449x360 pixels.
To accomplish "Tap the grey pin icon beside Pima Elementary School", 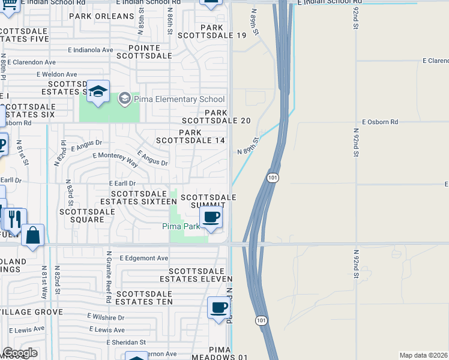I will tap(125, 98).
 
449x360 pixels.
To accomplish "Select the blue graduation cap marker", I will tap(98, 92).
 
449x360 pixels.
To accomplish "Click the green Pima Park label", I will tap(181, 226).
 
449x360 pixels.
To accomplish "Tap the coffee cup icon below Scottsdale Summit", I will tap(211, 217).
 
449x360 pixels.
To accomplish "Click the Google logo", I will tap(20, 353).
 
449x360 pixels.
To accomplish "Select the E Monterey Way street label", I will tap(115, 157).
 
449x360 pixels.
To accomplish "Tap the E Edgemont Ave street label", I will tap(144, 258).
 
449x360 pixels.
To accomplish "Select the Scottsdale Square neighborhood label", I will tap(87, 215).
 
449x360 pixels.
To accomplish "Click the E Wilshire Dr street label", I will tap(106, 317).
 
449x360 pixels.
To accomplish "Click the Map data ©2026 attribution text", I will tap(423, 355).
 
